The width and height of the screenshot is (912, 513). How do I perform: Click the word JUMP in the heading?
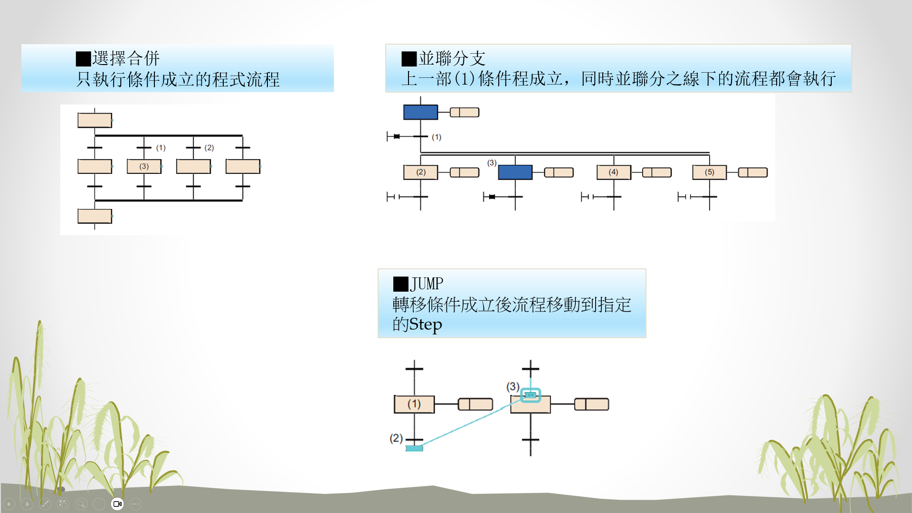point(427,284)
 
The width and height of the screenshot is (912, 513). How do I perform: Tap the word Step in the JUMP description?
point(426,324)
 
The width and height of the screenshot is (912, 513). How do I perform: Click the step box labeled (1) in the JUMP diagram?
point(414,404)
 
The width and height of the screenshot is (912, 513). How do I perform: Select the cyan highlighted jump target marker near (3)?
point(531,395)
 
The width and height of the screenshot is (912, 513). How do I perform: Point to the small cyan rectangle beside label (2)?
point(414,448)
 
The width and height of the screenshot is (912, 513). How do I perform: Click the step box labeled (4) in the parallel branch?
point(614,172)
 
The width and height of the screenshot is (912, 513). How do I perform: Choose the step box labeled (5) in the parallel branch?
point(710,172)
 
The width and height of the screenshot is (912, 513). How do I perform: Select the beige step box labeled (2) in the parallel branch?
point(420,172)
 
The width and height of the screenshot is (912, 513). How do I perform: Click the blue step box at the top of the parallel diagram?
point(420,112)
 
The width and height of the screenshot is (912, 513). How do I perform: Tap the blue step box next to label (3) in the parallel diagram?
point(515,172)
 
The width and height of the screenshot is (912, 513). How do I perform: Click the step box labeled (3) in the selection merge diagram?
point(144,166)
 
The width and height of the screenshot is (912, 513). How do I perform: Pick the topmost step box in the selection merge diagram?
point(95,120)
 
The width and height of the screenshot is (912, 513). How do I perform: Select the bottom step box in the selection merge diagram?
point(95,216)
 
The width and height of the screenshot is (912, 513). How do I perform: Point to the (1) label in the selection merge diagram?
point(161,148)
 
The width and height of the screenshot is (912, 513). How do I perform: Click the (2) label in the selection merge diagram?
point(209,148)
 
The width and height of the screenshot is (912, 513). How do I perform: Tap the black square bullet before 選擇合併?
point(83,59)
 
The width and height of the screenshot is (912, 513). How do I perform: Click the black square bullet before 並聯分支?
point(409,59)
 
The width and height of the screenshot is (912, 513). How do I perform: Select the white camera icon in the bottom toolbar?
point(117,503)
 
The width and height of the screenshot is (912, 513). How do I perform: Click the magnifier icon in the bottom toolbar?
point(81,503)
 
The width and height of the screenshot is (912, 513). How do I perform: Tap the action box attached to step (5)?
point(752,172)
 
